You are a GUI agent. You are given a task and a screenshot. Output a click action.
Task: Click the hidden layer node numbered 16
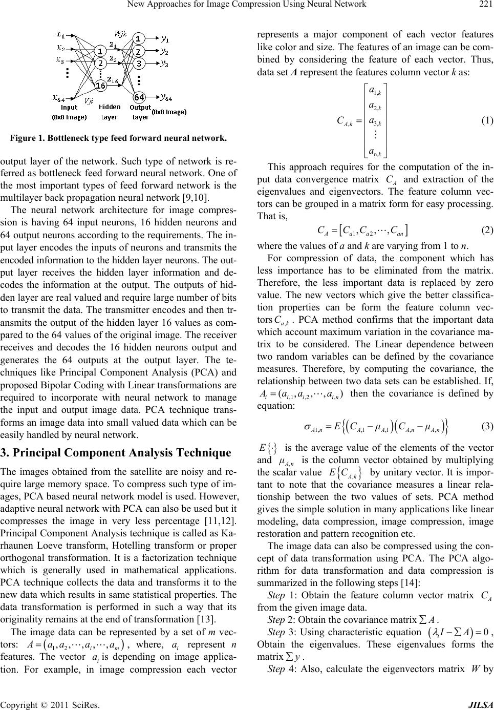tap(100, 86)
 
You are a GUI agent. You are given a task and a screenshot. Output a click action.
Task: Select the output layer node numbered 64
tap(139, 97)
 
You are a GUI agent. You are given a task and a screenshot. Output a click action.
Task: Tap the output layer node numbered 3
tap(138, 64)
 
